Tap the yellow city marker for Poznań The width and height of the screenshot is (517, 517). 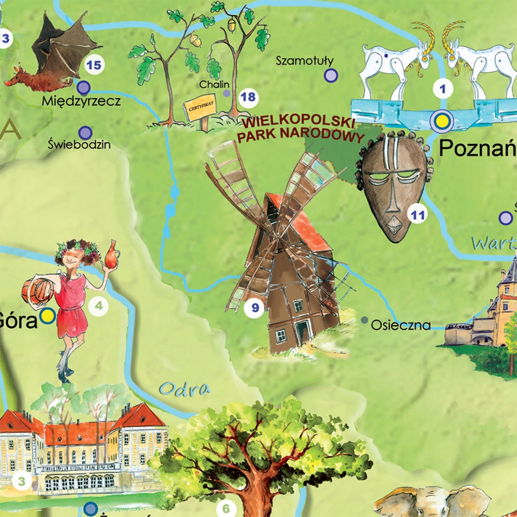click(441, 121)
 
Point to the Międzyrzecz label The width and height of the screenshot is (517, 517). click(82, 100)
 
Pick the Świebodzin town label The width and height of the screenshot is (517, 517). click(79, 144)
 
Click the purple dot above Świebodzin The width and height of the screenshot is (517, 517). click(86, 133)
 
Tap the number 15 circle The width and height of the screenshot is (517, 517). click(94, 65)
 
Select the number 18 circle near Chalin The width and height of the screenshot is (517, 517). click(248, 97)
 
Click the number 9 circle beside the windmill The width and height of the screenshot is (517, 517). click(254, 309)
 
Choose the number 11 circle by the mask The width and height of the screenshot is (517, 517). click(417, 214)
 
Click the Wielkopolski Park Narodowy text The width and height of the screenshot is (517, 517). click(298, 130)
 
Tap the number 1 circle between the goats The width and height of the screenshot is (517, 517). click(442, 88)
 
